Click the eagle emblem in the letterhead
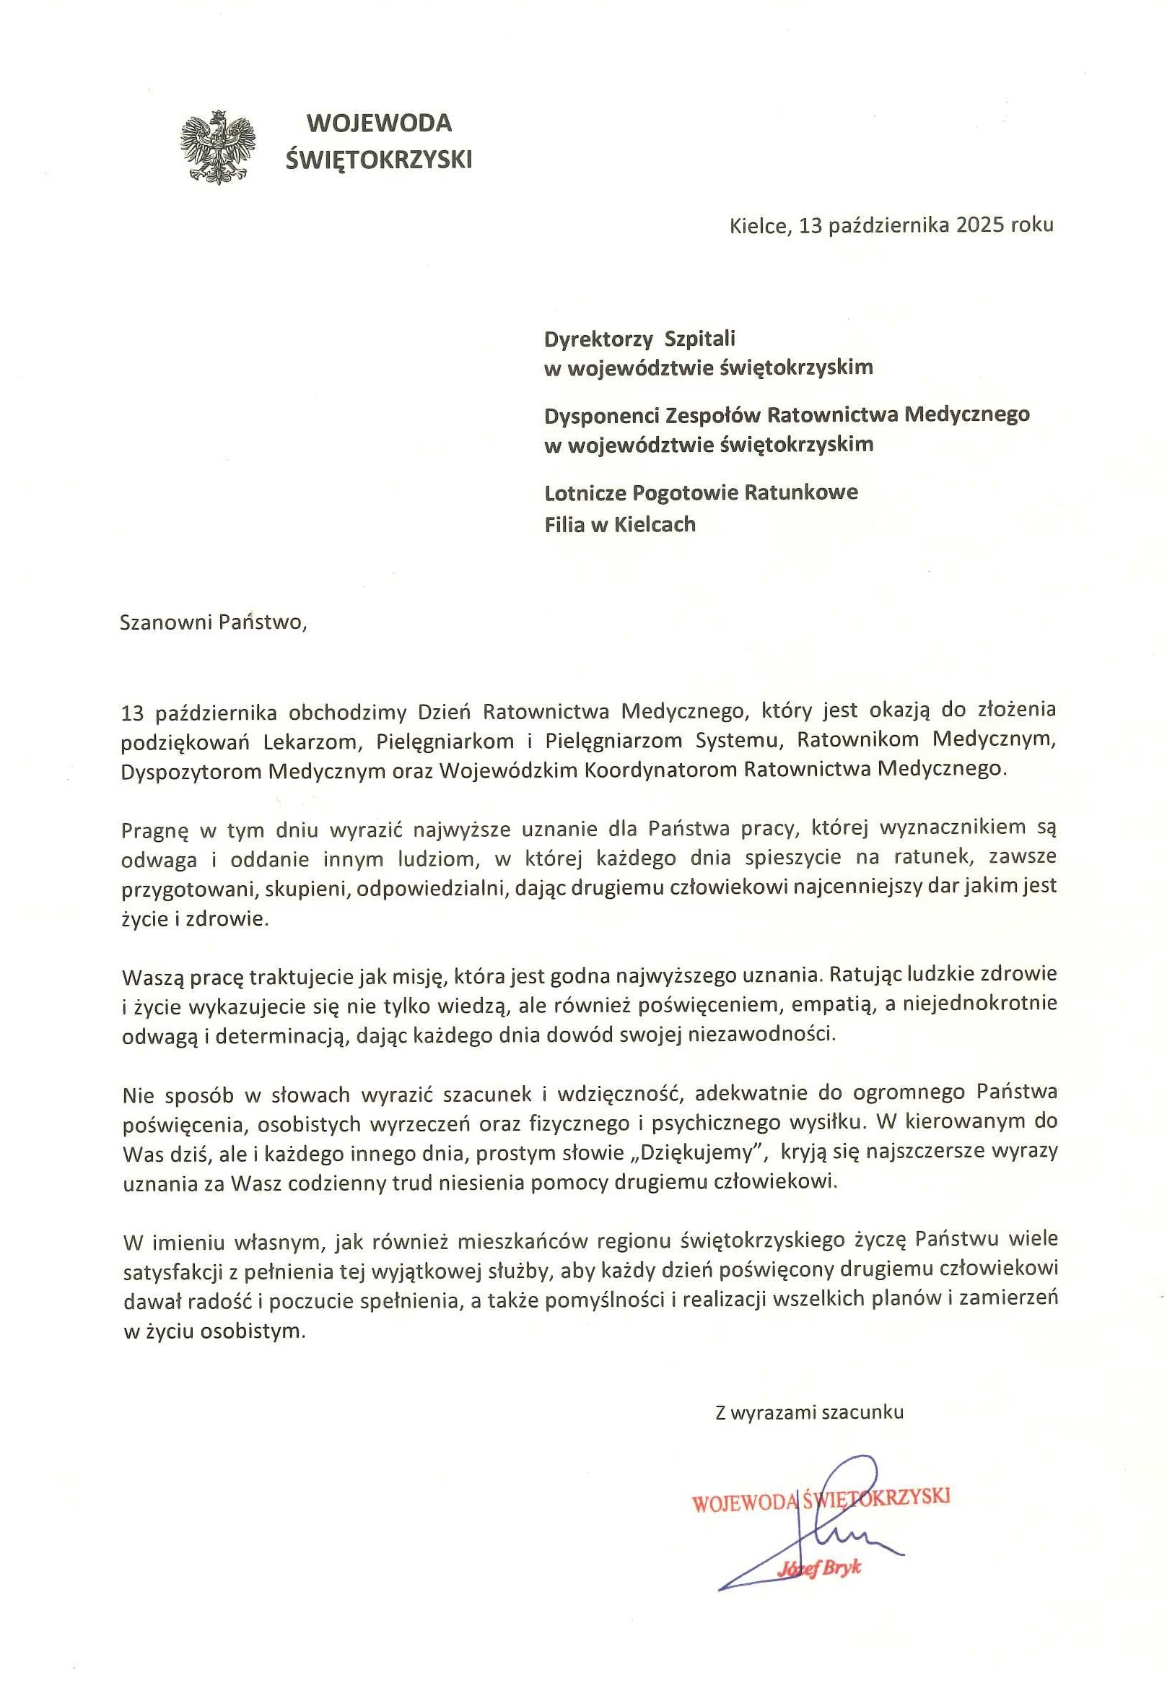click(x=218, y=147)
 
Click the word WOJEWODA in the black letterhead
click(x=379, y=122)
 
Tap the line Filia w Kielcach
click(x=620, y=524)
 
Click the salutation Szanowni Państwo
click(x=211, y=622)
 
